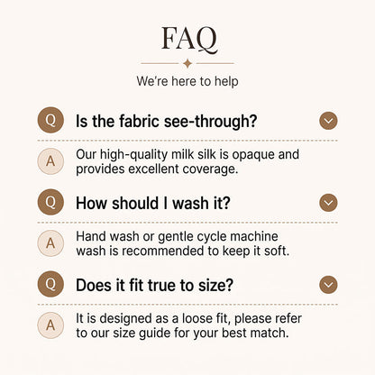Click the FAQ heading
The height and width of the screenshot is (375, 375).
[x=189, y=39]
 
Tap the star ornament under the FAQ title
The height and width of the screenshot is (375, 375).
[x=187, y=63]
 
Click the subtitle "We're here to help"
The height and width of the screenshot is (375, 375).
[x=187, y=81]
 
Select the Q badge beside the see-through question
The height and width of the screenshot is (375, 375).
[x=50, y=120]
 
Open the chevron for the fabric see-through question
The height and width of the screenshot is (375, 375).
[x=328, y=121]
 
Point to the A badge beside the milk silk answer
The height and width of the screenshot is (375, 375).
[x=50, y=161]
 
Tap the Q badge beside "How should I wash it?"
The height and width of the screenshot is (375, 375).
[x=50, y=202]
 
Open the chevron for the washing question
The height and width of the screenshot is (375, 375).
[x=328, y=203]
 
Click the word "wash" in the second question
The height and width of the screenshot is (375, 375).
[x=190, y=204]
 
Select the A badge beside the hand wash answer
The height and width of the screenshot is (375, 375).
[x=50, y=243]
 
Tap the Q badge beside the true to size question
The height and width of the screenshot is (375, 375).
[x=50, y=284]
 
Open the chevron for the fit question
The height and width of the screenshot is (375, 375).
[x=328, y=285]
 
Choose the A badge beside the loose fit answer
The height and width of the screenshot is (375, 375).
[x=50, y=325]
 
